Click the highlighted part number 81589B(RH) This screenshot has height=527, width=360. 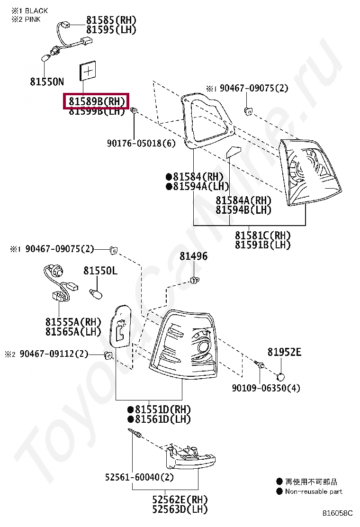pyautogui.click(x=97, y=101)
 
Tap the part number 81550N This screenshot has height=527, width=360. pyautogui.click(x=46, y=82)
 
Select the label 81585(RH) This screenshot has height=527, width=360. pyautogui.click(x=111, y=20)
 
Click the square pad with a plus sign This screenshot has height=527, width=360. pyautogui.click(x=88, y=71)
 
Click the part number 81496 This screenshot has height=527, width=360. pyautogui.click(x=193, y=256)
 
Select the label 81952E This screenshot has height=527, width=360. pyautogui.click(x=284, y=352)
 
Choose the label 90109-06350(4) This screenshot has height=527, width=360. pyautogui.click(x=266, y=388)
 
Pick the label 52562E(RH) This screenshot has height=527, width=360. pyautogui.click(x=180, y=500)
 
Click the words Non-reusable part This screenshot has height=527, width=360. pyautogui.click(x=314, y=491)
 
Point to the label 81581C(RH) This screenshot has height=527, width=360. pyautogui.click(x=262, y=235)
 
